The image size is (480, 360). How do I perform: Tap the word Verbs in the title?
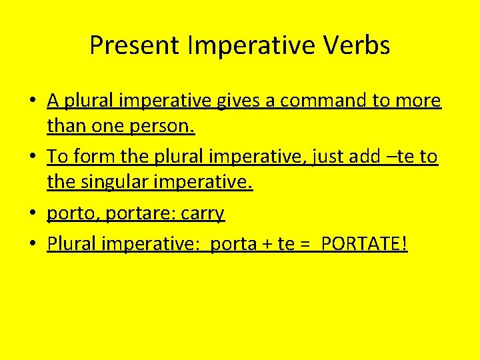[357, 45]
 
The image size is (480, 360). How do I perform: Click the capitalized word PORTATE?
[364, 244]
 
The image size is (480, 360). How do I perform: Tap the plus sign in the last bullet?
[265, 245]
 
